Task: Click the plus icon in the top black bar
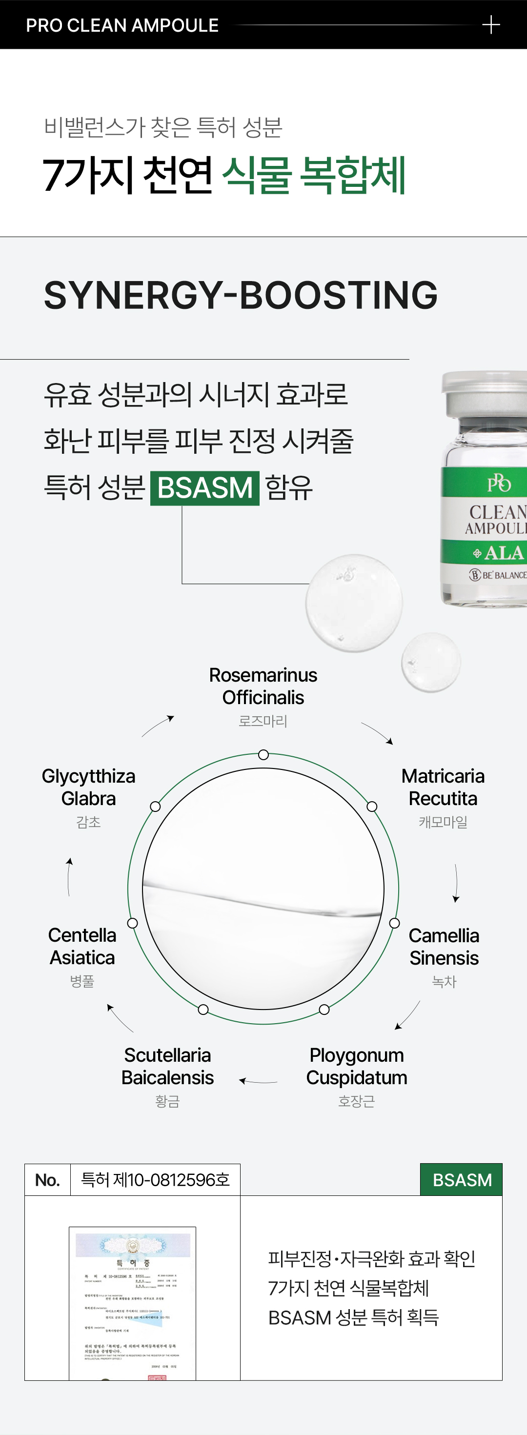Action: (x=491, y=25)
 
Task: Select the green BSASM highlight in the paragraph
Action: (x=205, y=488)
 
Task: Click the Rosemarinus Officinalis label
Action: (x=263, y=687)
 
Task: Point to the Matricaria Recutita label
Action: (x=443, y=787)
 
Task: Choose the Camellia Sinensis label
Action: (x=444, y=947)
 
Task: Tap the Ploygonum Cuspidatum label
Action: (x=357, y=1066)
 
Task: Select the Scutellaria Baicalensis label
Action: (x=168, y=1066)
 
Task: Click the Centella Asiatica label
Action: (x=82, y=946)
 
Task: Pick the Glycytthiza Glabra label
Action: (x=89, y=787)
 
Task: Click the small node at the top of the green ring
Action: (x=263, y=755)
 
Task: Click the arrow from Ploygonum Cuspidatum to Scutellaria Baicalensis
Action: (x=258, y=1081)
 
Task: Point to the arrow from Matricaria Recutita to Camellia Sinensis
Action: (x=456, y=883)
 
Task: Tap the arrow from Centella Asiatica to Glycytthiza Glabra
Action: (x=69, y=877)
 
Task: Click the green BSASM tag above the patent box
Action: (x=462, y=1179)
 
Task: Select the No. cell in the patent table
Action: (x=47, y=1180)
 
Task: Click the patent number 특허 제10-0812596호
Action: (x=156, y=1180)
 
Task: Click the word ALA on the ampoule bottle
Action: (x=504, y=553)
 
